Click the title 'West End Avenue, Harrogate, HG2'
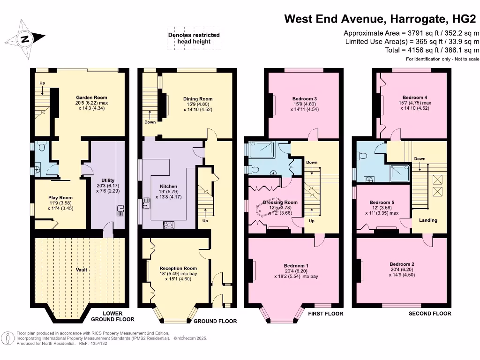click(x=382, y=19)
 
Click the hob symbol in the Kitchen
click(x=168, y=225)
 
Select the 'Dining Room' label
click(x=198, y=99)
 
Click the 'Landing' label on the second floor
click(x=428, y=220)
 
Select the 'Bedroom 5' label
click(x=382, y=202)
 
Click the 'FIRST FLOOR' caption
click(x=326, y=314)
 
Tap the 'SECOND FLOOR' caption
click(x=430, y=314)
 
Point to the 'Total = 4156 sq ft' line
click(x=432, y=50)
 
